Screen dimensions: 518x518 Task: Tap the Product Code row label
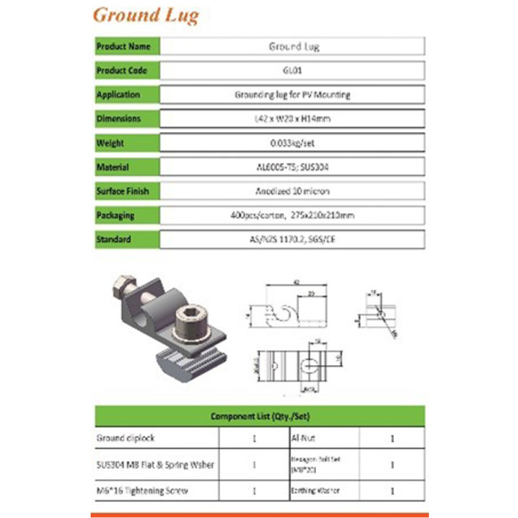122,71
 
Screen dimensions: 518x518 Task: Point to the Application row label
118,95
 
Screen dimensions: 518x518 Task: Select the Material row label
113,167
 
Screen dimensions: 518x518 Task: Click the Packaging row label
116,216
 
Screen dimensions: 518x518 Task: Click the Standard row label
114,239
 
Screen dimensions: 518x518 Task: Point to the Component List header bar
259,416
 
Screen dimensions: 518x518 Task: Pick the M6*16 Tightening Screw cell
142,492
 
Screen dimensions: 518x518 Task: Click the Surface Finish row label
122,192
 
